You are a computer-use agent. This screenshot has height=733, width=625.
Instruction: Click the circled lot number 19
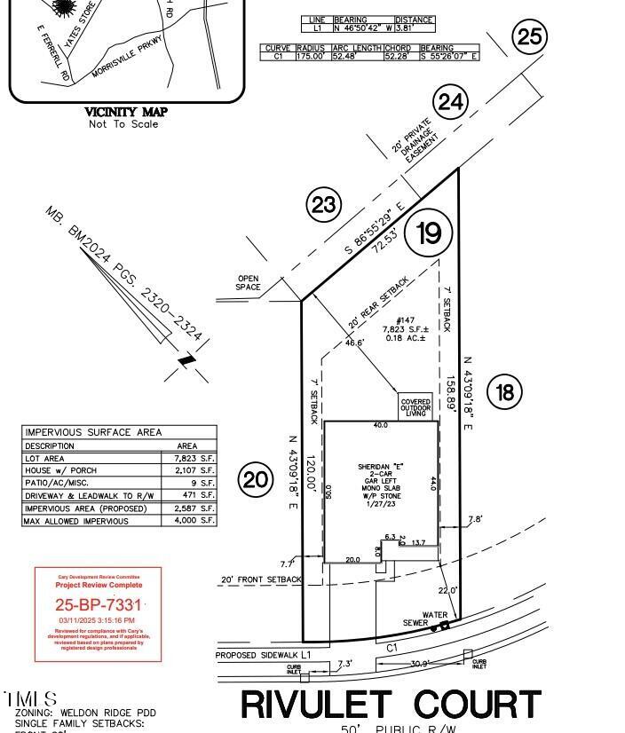pos(429,233)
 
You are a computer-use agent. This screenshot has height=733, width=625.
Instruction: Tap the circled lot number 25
pos(529,36)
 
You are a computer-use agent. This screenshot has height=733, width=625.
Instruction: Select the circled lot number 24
pos(451,103)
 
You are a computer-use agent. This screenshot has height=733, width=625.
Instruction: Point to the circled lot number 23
pos(324,206)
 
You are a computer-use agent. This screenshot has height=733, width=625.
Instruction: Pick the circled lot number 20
pos(256,480)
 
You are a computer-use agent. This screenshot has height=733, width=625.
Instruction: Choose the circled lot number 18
pos(505,391)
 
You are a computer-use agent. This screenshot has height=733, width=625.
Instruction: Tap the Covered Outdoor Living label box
pos(415,408)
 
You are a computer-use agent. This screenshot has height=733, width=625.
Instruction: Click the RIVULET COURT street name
pos(391,705)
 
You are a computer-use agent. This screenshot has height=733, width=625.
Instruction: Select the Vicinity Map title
pos(125,112)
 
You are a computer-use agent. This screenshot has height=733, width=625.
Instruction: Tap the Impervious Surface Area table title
pos(93,432)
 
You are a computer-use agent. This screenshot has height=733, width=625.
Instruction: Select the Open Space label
pos(249,282)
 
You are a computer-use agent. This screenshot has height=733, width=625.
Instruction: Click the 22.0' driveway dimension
pos(447,590)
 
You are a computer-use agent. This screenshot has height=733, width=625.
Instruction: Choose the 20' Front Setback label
pos(261,579)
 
